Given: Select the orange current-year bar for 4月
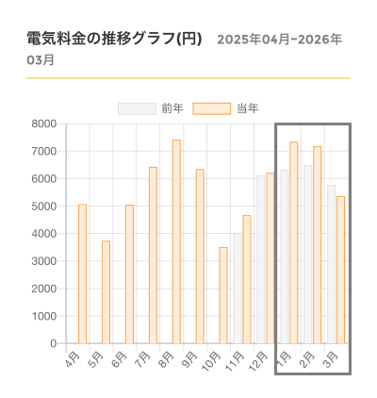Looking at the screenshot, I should pyautogui.click(x=83, y=274).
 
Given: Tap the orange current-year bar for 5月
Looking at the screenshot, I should pyautogui.click(x=107, y=292).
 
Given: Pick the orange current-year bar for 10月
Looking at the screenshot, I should pyautogui.click(x=223, y=295).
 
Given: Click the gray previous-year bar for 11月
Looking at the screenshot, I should pyautogui.click(x=238, y=289).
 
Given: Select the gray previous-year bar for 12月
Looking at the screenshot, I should pyautogui.click(x=261, y=259).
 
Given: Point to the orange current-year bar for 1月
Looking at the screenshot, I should pyautogui.click(x=294, y=242).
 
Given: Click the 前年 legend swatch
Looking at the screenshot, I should pyautogui.click(x=137, y=108).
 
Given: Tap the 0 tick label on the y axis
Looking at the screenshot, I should pyautogui.click(x=53, y=343).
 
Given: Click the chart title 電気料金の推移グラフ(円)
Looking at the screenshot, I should pyautogui.click(x=114, y=40).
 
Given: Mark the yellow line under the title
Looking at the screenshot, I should pyautogui.click(x=188, y=77).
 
